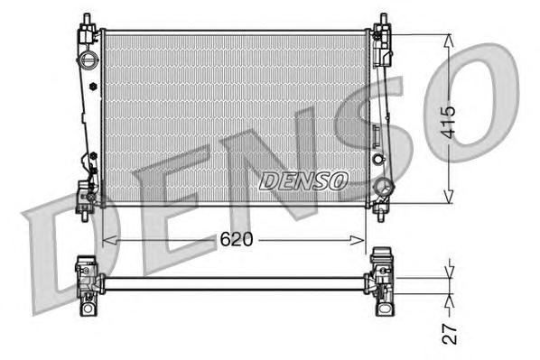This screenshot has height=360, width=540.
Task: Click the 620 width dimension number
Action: pyautogui.click(x=236, y=239)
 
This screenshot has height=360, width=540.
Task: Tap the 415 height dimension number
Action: pyautogui.click(x=450, y=117)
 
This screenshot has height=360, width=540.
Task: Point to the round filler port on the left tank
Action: pyautogui.click(x=88, y=61)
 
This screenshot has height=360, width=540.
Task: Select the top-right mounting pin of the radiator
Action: pyautogui.click(x=382, y=20)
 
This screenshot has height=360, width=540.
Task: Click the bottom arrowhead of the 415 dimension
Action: pyautogui.click(x=449, y=200)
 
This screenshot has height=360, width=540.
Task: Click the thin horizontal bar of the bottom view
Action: pyautogui.click(x=235, y=283)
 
